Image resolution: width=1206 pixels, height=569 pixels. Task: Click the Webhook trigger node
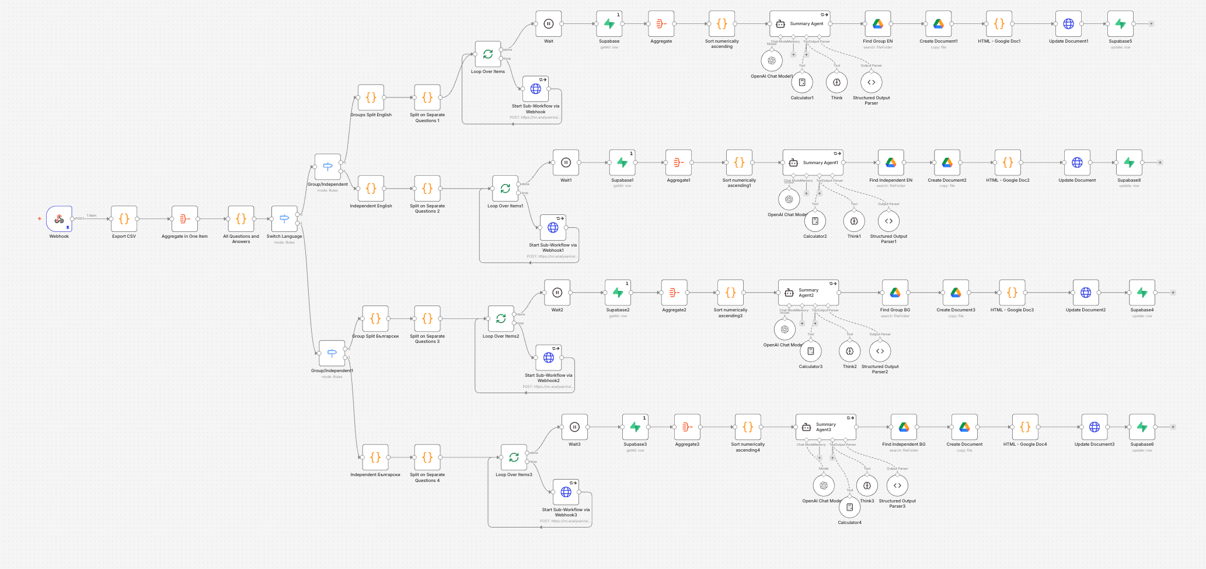coord(59,219)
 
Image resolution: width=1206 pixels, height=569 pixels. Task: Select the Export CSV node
coord(124,219)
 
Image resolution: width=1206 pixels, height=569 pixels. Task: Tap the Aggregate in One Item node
coord(184,219)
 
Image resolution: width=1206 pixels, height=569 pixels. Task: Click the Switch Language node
coord(284,219)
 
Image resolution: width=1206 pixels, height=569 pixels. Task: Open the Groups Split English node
coord(371,98)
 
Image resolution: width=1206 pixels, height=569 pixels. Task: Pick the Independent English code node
coord(371,189)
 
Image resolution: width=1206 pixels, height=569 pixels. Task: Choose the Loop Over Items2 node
coord(501,319)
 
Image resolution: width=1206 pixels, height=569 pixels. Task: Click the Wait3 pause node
coord(574,427)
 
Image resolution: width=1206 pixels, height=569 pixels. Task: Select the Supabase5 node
coord(1120,24)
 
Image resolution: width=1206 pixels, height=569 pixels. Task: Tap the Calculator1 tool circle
coord(802,82)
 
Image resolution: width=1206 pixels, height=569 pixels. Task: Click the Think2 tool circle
coord(849,351)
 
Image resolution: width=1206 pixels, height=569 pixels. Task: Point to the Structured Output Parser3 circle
coord(897,485)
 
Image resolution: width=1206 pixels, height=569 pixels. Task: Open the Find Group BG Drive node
coord(895,293)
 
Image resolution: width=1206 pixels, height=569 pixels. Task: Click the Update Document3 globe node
coord(1095,427)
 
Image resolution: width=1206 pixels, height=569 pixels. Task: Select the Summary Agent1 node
coord(813,163)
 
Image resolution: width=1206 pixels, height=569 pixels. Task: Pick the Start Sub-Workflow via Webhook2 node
coord(549,358)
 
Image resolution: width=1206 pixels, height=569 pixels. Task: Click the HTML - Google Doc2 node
coord(1008,163)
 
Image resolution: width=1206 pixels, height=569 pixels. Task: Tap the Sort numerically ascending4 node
coord(748,427)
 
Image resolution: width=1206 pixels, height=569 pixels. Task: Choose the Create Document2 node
coord(947,163)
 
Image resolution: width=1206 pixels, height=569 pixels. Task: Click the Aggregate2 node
coord(674,293)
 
